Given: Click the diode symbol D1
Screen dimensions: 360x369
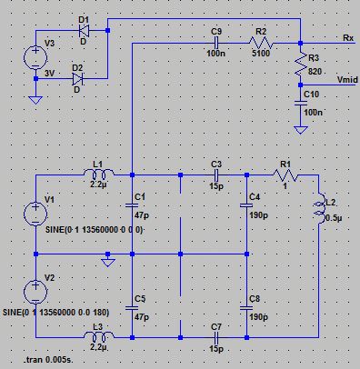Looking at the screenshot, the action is [x=84, y=30].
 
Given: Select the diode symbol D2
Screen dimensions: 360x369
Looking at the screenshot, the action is [x=78, y=79].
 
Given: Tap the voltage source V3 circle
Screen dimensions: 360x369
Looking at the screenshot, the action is [x=35, y=57].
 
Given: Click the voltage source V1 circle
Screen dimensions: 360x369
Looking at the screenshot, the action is [x=35, y=214].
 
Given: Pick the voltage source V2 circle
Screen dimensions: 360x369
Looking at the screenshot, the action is [x=35, y=293].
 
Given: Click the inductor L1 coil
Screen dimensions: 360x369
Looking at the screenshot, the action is [x=99, y=174].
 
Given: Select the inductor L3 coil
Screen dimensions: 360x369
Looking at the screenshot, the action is [x=99, y=336].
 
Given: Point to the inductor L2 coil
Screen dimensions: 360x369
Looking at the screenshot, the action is [x=320, y=209].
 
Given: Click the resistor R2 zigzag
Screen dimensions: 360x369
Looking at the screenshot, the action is [x=261, y=43].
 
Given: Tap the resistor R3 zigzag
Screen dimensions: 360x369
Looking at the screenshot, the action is [x=301, y=65].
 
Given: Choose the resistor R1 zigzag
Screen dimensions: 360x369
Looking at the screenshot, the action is [x=285, y=175].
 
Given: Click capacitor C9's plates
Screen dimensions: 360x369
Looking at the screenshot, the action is [x=215, y=43].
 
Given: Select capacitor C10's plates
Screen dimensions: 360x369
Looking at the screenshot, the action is [x=301, y=104].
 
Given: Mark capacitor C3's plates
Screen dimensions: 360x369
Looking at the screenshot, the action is [x=215, y=175].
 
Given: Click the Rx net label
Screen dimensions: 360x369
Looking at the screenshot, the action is [x=348, y=37].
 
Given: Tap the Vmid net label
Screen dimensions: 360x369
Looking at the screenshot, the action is [x=347, y=80].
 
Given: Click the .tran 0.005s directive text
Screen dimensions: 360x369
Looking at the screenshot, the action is [x=49, y=360].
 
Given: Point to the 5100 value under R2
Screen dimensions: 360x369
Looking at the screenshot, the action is [x=261, y=54].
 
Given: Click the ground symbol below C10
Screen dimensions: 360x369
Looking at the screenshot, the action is [x=301, y=130].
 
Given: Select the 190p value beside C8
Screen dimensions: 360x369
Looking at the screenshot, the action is [x=258, y=317].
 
